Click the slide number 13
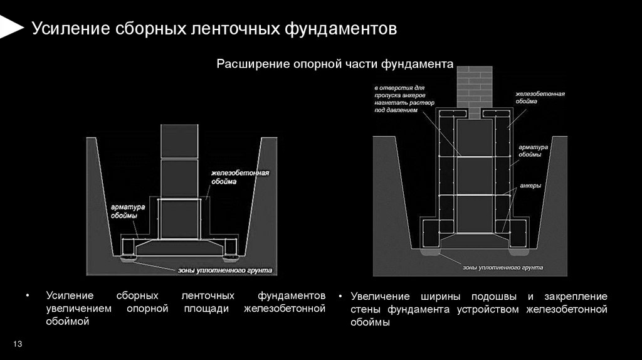pyautogui.click(x=18, y=344)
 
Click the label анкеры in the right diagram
pyautogui.click(x=530, y=186)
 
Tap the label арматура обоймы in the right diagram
pyautogui.click(x=533, y=151)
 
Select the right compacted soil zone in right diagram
pyautogui.click(x=518, y=255)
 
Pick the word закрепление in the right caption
pyautogui.click(x=577, y=297)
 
